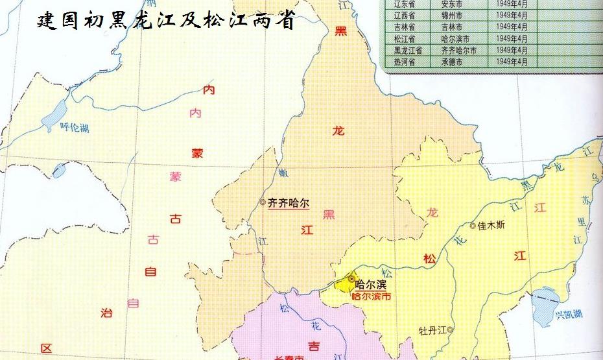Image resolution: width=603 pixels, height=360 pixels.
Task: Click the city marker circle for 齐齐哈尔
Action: [x=263, y=202]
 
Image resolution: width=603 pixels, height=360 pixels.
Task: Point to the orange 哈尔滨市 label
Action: [x=371, y=296]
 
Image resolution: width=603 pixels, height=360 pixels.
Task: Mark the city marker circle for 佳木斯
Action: [x=472, y=226]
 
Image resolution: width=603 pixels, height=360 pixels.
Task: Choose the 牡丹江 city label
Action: [x=432, y=330]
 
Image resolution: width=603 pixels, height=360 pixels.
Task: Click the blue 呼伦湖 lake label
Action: [x=73, y=127]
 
